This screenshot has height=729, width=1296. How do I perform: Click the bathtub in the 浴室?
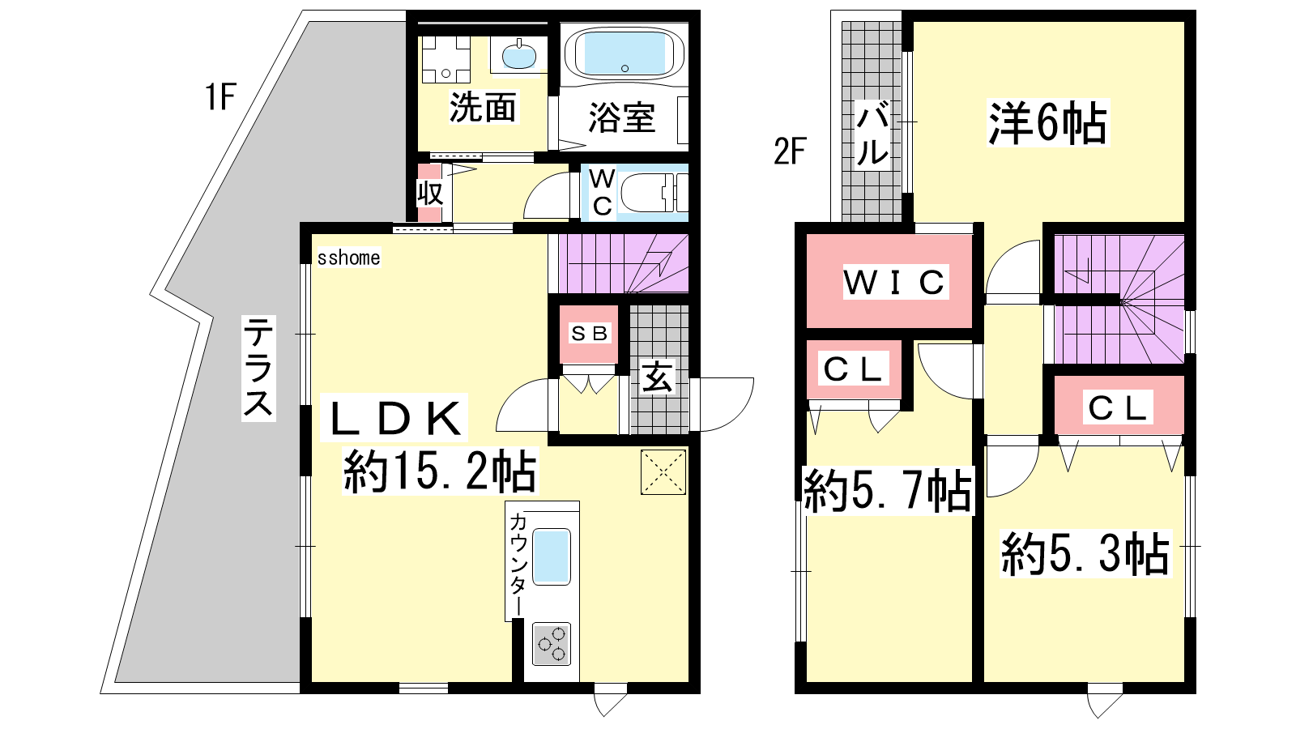click(625, 53)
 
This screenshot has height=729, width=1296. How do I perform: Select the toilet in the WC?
click(654, 193)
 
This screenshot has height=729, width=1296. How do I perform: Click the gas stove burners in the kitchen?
click(552, 644)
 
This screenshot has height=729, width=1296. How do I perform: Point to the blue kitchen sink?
click(552, 556)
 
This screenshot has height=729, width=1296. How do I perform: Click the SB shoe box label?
click(589, 333)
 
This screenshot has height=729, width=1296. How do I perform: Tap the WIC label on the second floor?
click(894, 283)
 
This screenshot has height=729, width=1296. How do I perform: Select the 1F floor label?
click(220, 96)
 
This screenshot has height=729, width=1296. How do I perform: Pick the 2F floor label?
click(790, 151)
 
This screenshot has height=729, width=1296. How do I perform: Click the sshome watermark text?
click(348, 258)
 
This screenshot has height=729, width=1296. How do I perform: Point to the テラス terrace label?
click(258, 369)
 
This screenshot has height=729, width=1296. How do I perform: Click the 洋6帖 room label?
click(1047, 123)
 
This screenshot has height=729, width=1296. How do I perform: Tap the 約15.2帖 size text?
click(440, 471)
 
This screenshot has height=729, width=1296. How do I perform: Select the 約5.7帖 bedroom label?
click(888, 491)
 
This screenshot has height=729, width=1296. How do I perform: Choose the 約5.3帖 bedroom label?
click(1085, 554)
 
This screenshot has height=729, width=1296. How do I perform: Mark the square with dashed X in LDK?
click(663, 472)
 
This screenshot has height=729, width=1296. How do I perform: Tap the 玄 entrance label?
click(658, 377)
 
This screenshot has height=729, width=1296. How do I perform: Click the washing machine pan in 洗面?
click(446, 60)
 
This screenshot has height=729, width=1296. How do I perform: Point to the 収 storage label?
click(430, 194)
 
